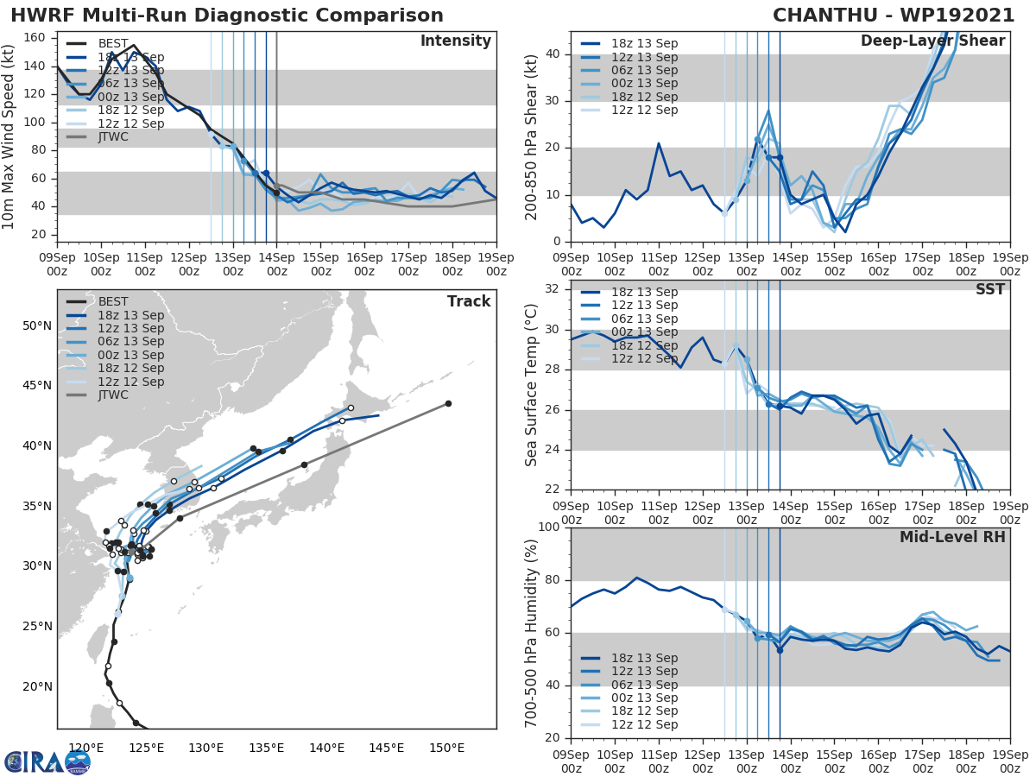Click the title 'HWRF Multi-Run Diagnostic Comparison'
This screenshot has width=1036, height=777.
coord(227,16)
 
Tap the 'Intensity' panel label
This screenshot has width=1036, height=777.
coord(455,41)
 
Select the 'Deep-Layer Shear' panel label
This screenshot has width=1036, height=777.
coord(932,41)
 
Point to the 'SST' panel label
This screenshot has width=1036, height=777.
coord(989,289)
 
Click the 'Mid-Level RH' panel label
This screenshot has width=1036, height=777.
coord(952,537)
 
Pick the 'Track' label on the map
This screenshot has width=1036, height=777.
coord(468,301)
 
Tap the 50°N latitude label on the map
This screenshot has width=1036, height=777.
coord(36,325)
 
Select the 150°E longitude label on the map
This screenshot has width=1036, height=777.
coord(447,748)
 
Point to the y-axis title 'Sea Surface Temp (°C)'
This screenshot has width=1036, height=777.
coord(532,385)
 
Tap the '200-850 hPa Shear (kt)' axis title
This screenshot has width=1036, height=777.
coord(532,137)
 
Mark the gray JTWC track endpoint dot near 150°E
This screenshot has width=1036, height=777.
coord(448,403)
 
